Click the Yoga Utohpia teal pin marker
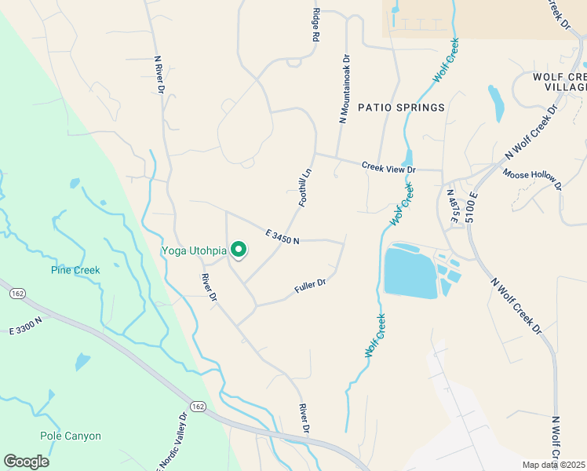(x=239, y=250)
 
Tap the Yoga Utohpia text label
(x=194, y=251)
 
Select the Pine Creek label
(x=75, y=270)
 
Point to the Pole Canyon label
(x=71, y=436)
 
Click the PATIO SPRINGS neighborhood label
(x=401, y=107)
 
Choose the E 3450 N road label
(x=283, y=236)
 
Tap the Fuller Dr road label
(x=310, y=286)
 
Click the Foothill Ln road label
(x=305, y=188)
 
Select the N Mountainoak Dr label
(x=343, y=89)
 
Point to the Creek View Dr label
(x=388, y=167)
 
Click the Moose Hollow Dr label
(x=533, y=180)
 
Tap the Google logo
(x=26, y=462)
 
